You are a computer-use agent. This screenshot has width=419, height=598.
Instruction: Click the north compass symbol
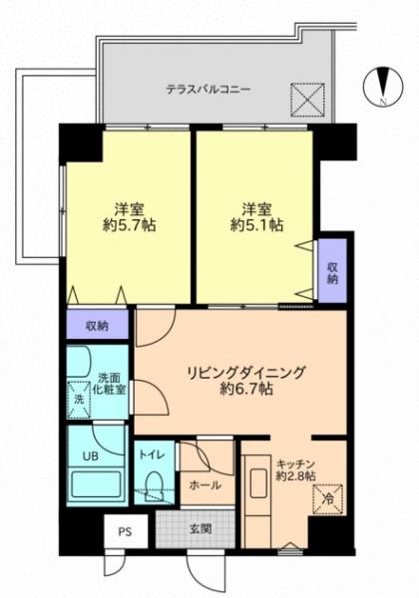383,87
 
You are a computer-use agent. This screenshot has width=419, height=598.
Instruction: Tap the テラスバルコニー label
208,90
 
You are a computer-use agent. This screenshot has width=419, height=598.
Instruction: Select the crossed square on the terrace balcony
307,99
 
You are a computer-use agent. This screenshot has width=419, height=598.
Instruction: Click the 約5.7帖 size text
129,226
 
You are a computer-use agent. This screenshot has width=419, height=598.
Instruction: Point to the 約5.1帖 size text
256,226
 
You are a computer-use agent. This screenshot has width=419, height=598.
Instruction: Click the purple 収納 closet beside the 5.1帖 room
332,271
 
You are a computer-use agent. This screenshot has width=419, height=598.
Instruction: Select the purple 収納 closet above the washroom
98,325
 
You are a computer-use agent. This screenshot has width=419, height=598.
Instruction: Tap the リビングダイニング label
246,372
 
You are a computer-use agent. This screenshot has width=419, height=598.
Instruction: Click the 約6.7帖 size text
246,389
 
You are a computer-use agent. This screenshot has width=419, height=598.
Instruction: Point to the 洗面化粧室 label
110,384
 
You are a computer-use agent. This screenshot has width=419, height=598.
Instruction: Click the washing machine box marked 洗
79,400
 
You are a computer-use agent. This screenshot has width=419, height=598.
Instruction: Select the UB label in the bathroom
91,455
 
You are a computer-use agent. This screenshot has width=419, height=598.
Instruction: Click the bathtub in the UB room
96,484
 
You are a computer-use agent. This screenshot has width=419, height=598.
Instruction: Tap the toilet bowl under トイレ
155,485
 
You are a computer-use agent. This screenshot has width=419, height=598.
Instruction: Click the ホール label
205,485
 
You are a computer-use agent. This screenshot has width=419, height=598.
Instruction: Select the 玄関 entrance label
201,529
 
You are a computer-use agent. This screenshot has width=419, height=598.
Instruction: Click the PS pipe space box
126,531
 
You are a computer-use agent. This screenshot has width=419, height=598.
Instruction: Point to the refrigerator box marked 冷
328,499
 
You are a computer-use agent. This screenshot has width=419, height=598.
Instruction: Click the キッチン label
295,464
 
